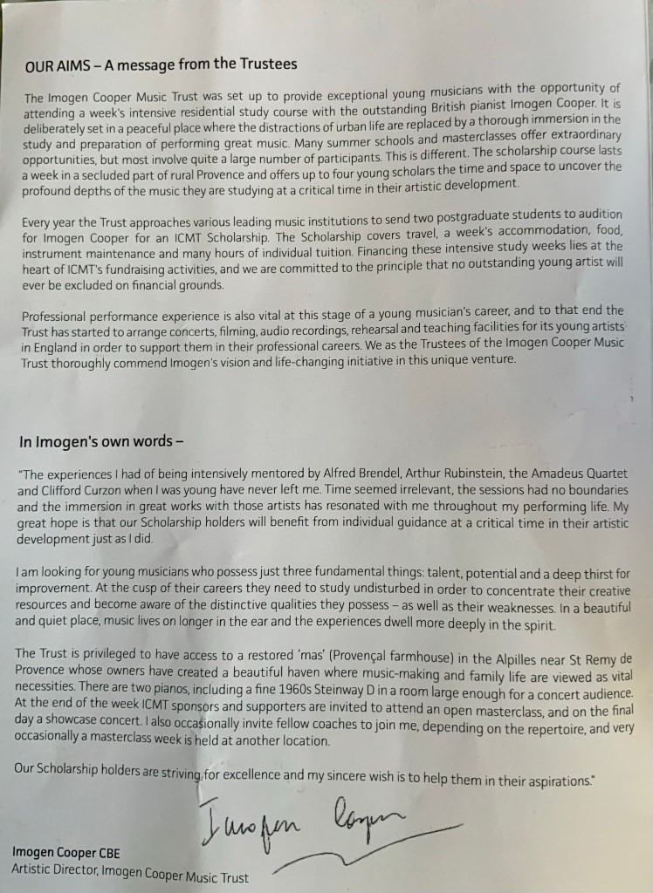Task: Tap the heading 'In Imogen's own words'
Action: click(x=101, y=441)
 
